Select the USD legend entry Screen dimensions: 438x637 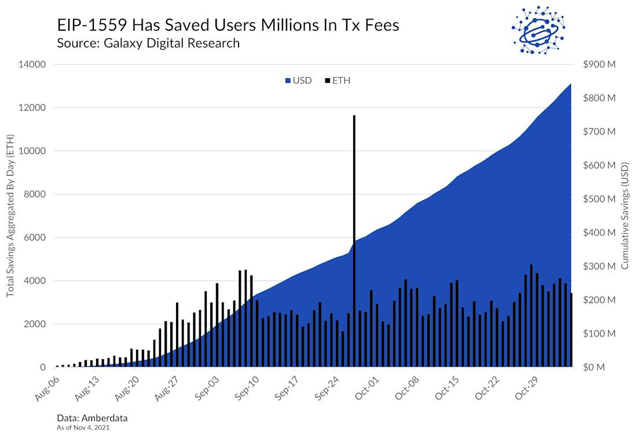[298, 81]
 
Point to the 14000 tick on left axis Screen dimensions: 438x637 [34, 64]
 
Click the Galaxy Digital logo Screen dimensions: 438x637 [537, 30]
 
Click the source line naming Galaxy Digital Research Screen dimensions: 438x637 [148, 43]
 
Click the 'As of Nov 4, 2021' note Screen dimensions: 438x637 [83, 428]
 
